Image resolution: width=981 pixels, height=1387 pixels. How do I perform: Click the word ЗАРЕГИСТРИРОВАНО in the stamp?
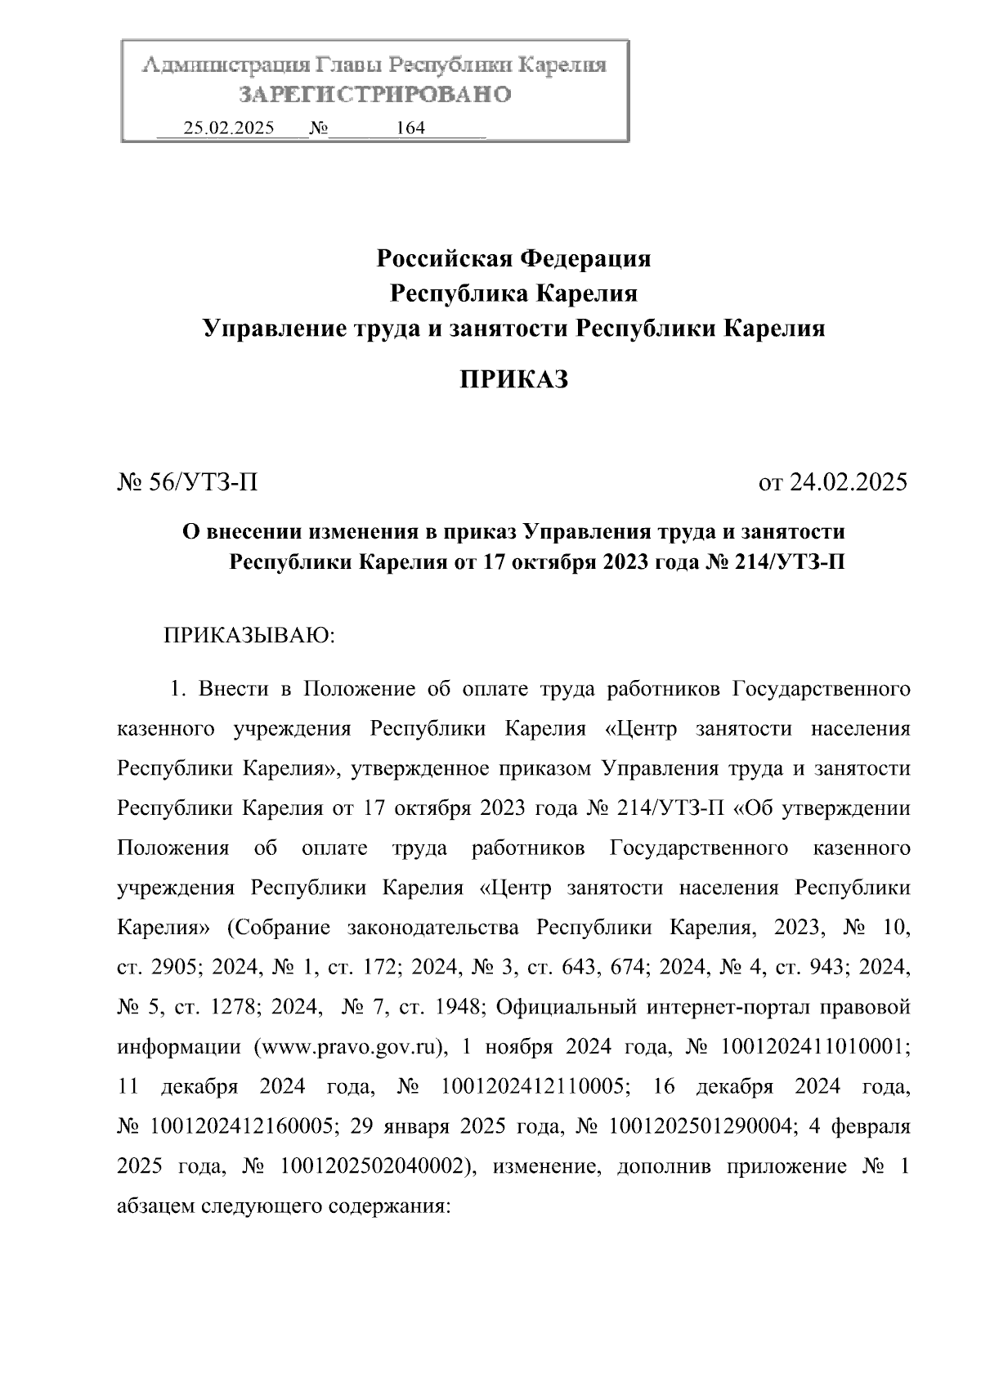point(374,95)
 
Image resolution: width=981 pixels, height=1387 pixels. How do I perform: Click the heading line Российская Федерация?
point(513,259)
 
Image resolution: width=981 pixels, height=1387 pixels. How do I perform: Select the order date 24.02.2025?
point(848,482)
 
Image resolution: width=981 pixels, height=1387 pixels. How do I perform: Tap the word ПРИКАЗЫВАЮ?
point(250,636)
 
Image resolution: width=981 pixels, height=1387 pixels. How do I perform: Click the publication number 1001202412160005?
point(241,1126)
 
